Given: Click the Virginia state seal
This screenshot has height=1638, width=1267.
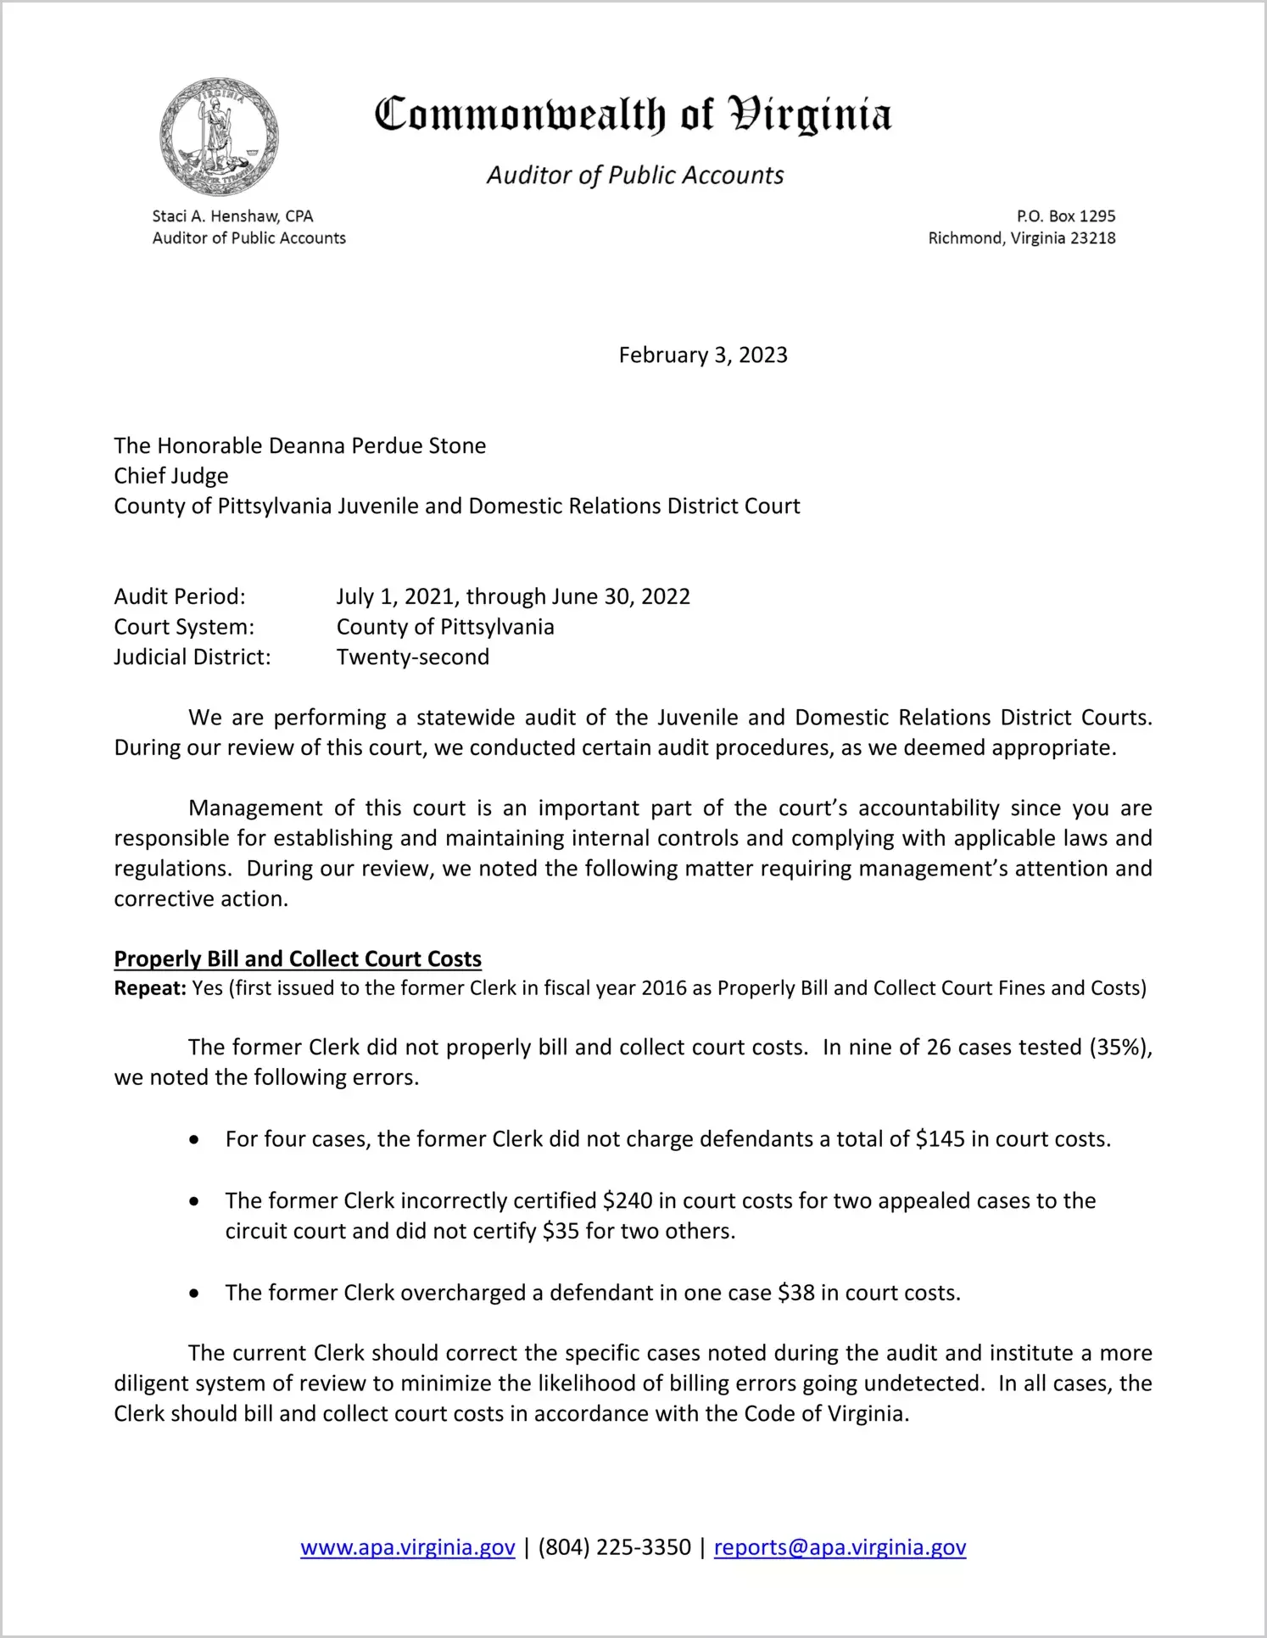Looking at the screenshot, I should pyautogui.click(x=219, y=137).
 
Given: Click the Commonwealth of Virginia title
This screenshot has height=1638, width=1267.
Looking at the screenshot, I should pyautogui.click(x=633, y=115).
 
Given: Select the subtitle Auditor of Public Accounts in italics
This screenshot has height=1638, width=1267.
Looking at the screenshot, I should pyautogui.click(x=635, y=175).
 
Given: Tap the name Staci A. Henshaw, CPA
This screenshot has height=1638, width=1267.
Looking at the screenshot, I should pyautogui.click(x=232, y=216).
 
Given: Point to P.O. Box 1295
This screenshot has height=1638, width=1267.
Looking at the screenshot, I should pyautogui.click(x=1066, y=216).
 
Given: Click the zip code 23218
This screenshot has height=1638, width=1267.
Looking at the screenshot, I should pyautogui.click(x=1093, y=238).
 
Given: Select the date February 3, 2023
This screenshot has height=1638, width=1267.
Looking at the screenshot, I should pyautogui.click(x=703, y=355).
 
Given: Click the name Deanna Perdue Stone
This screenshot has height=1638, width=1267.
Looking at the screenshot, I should pyautogui.click(x=377, y=446).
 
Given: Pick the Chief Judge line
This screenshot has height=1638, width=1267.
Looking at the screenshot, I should pyautogui.click(x=171, y=476).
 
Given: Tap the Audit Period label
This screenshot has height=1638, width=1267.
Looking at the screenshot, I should pyautogui.click(x=180, y=596).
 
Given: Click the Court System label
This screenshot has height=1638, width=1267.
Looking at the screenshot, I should pyautogui.click(x=184, y=627).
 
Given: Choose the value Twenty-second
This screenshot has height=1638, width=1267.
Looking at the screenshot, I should pyautogui.click(x=413, y=657).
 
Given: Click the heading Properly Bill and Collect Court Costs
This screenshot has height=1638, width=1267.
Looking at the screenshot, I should pyautogui.click(x=298, y=959).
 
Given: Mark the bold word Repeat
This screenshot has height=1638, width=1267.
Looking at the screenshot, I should pyautogui.click(x=149, y=988).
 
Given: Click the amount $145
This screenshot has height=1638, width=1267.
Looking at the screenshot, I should pyautogui.click(x=940, y=1139).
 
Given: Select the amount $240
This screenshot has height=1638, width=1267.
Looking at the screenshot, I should pyautogui.click(x=628, y=1201).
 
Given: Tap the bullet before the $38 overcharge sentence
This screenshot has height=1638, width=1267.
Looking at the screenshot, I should pyautogui.click(x=195, y=1294).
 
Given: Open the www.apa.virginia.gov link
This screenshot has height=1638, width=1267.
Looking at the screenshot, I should pyautogui.click(x=408, y=1547).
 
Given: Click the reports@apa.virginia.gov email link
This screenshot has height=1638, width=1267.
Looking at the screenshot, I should pyautogui.click(x=840, y=1547).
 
